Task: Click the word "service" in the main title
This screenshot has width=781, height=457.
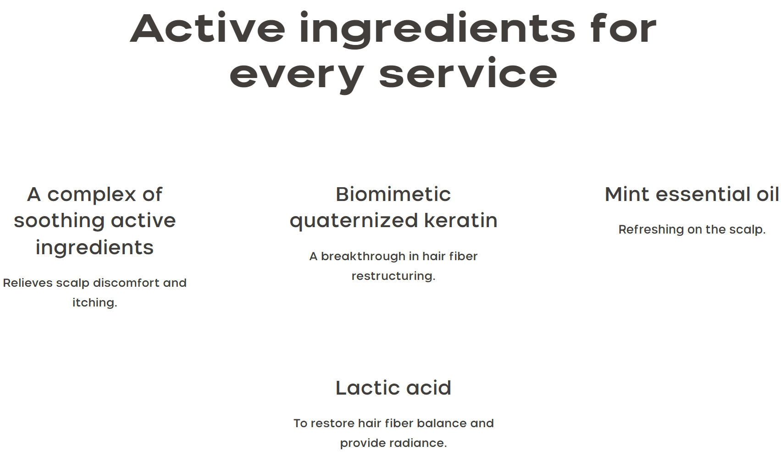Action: point(468,72)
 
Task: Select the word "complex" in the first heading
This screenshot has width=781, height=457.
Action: point(91,195)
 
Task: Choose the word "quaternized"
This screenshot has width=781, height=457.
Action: point(354,222)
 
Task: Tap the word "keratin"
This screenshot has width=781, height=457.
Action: point(460,221)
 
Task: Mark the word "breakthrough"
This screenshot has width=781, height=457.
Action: point(363,256)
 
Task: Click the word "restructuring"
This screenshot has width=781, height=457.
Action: point(393,276)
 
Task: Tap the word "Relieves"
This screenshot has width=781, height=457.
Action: point(28,283)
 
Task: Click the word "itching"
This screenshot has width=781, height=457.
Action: point(94,303)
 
